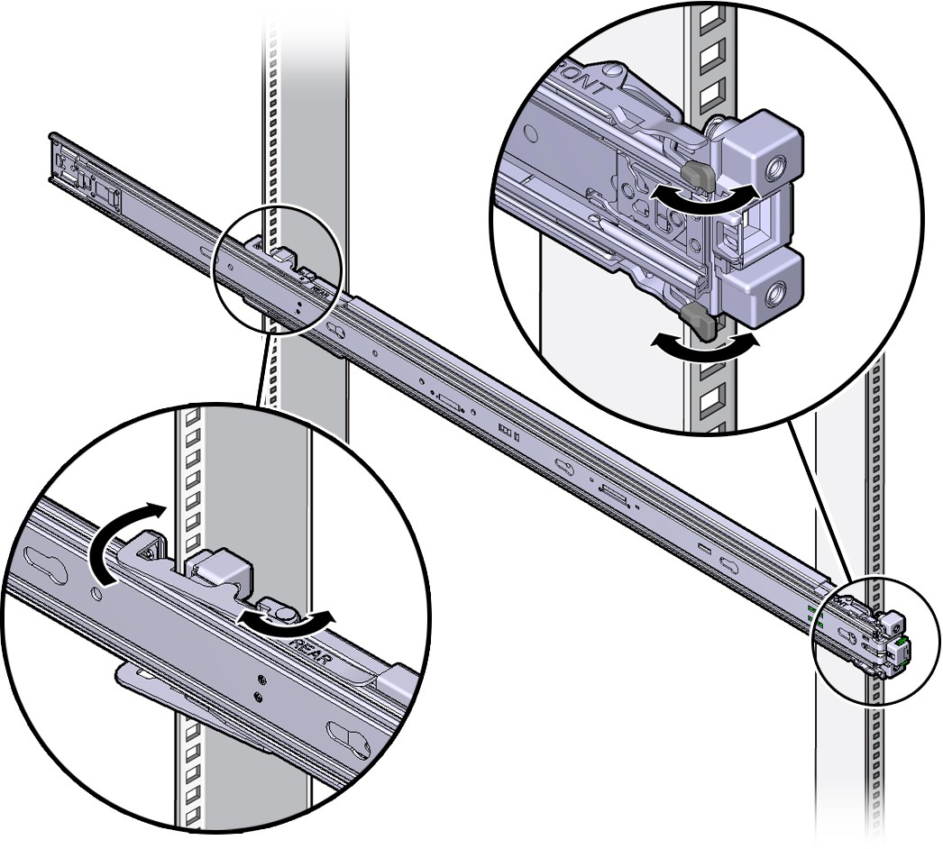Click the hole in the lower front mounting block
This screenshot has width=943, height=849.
pos(774,294)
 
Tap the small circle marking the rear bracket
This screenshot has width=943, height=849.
pos(276,270)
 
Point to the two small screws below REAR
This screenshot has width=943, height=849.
pos(259,686)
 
